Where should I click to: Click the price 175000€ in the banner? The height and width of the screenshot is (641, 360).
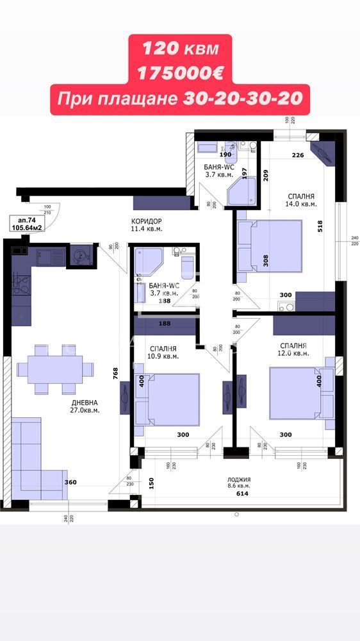click(x=179, y=72)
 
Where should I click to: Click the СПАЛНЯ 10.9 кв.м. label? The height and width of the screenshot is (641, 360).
click(x=162, y=351)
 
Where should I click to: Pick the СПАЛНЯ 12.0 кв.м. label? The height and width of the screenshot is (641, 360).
click(x=293, y=349)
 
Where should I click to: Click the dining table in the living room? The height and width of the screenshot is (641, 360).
click(x=55, y=369)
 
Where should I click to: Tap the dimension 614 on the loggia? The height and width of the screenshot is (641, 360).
click(x=241, y=494)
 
